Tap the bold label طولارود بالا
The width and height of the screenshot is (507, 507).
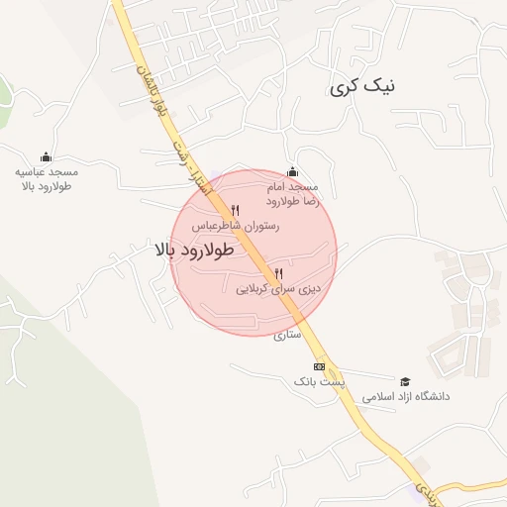click(193, 251)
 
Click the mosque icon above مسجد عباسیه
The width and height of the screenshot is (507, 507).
click(45, 156)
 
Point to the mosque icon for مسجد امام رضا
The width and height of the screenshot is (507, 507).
click(291, 170)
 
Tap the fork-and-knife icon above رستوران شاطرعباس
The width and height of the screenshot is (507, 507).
click(235, 210)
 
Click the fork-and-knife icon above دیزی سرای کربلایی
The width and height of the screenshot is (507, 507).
click(278, 273)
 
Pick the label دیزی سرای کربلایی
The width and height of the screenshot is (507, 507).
click(280, 290)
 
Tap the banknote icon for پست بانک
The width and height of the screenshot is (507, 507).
click(319, 366)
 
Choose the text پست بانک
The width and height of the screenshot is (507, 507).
click(318, 381)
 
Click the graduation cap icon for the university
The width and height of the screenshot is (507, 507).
click(404, 381)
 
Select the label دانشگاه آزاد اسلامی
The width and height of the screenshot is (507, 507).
click(406, 396)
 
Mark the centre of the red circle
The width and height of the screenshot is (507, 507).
click(254, 253)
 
